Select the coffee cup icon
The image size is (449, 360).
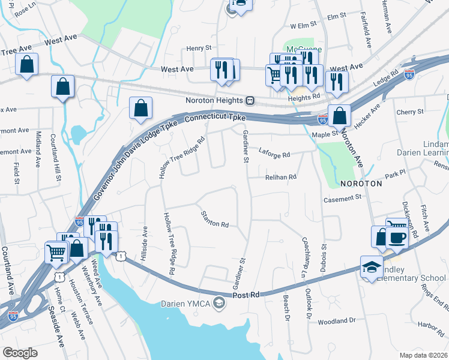[398, 236]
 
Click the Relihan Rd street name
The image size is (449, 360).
[281, 177]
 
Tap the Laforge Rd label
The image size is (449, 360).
[274, 154]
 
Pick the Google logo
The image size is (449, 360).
[20, 352]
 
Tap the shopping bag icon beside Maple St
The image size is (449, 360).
[339, 116]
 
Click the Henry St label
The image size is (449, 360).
[199, 48]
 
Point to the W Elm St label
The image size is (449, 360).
[303, 26]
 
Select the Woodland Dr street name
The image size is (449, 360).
[336, 322]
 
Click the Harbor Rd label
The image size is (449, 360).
[432, 326]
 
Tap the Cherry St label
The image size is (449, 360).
[410, 112]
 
